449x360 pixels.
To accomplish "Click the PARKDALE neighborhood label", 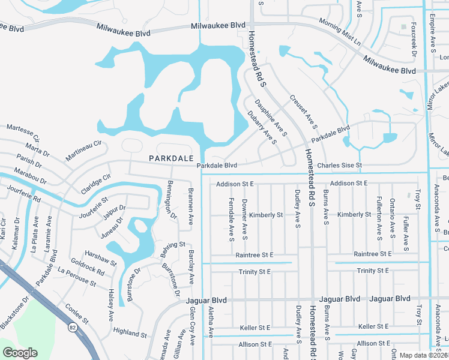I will (x=171, y=158).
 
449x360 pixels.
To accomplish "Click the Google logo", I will (x=20, y=353).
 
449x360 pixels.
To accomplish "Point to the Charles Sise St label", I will (x=340, y=165).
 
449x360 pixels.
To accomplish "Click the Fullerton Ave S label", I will (x=379, y=218).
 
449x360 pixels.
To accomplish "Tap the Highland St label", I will (x=130, y=332).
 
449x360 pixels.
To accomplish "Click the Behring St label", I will (x=173, y=246).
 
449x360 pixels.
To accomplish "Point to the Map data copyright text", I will (x=424, y=355).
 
